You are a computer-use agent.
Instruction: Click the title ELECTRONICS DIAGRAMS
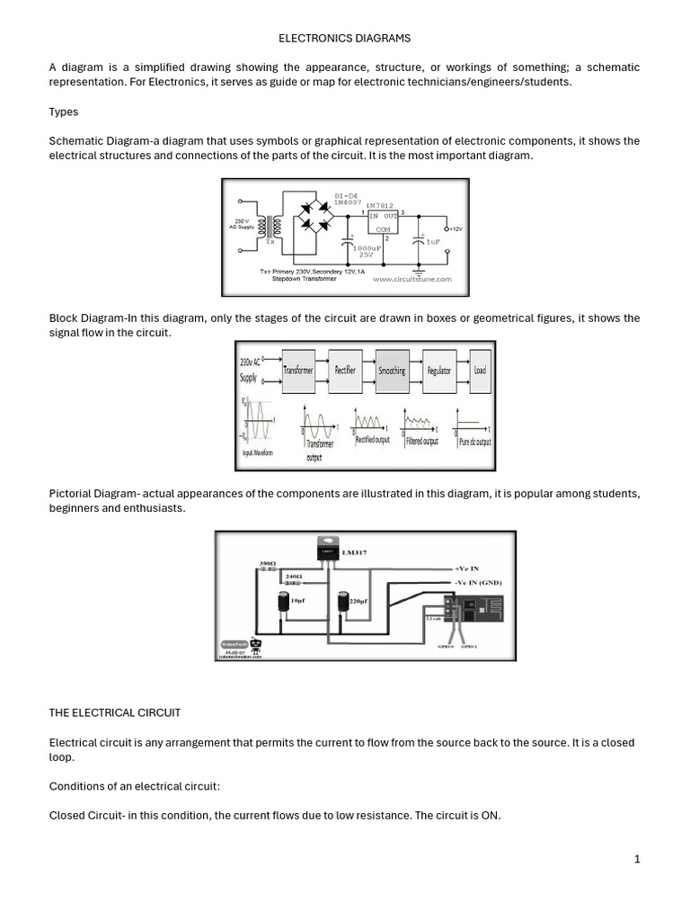(x=344, y=39)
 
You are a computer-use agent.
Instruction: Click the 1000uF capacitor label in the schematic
(x=367, y=249)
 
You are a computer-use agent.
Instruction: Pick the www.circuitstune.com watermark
(x=411, y=280)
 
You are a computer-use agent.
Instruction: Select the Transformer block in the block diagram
(x=298, y=370)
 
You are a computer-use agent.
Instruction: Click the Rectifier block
(x=345, y=370)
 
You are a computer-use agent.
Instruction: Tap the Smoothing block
(x=392, y=370)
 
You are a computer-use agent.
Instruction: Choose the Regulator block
(x=439, y=370)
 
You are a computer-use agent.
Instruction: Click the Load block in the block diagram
(x=481, y=370)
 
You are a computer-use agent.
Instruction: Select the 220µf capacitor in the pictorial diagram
(x=342, y=605)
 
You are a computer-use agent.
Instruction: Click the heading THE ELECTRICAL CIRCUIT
(x=114, y=712)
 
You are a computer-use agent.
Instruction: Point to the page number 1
(x=637, y=859)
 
